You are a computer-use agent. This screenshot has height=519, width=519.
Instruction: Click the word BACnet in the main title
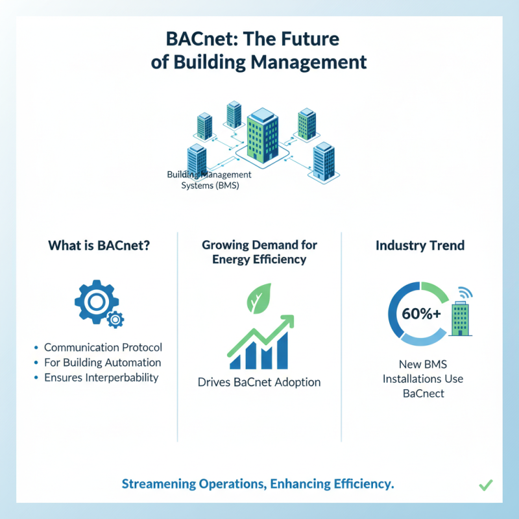(x=188, y=38)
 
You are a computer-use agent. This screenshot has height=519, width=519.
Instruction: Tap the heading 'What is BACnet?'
(x=95, y=246)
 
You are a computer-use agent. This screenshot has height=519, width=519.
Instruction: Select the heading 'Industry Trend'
(x=420, y=246)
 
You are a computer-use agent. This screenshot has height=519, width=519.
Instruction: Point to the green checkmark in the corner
(x=486, y=485)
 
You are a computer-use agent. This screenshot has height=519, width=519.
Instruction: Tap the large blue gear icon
(x=94, y=302)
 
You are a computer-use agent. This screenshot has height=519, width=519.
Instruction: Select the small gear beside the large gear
(x=115, y=319)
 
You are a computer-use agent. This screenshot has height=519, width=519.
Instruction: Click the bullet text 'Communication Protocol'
(x=103, y=347)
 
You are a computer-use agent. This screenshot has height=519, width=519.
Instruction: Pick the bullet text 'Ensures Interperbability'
(x=101, y=378)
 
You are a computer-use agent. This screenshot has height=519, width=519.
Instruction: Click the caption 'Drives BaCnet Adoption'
(x=259, y=382)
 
